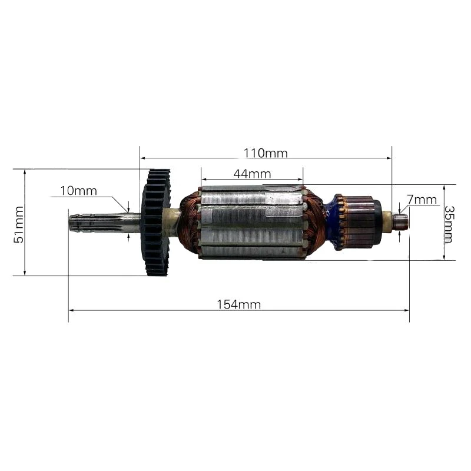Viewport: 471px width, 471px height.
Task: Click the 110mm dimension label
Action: click(x=266, y=154)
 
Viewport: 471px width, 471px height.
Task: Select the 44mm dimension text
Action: click(x=251, y=174)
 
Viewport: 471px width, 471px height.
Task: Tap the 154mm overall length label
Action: click(x=239, y=304)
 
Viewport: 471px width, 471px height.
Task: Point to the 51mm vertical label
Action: click(x=19, y=224)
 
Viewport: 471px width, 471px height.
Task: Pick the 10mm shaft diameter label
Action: click(x=78, y=191)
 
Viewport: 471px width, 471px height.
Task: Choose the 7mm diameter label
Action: click(x=422, y=200)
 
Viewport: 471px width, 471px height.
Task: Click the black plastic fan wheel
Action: click(x=156, y=223)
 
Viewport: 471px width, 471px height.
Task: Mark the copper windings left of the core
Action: click(x=190, y=223)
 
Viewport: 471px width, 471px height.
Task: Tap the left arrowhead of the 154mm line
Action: click(x=71, y=310)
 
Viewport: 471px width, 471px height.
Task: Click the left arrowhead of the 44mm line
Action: click(x=204, y=179)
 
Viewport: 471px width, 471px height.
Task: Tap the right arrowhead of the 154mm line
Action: click(x=407, y=310)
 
